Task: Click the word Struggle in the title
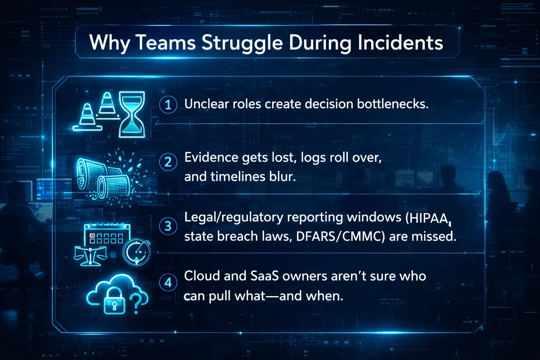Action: (x=242, y=43)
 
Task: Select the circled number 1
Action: (x=168, y=104)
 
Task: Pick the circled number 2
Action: (x=168, y=162)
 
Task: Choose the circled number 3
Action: (x=168, y=226)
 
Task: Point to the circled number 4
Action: (x=168, y=283)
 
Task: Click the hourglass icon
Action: (x=132, y=114)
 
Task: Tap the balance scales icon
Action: (x=90, y=256)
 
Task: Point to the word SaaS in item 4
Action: (x=264, y=276)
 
